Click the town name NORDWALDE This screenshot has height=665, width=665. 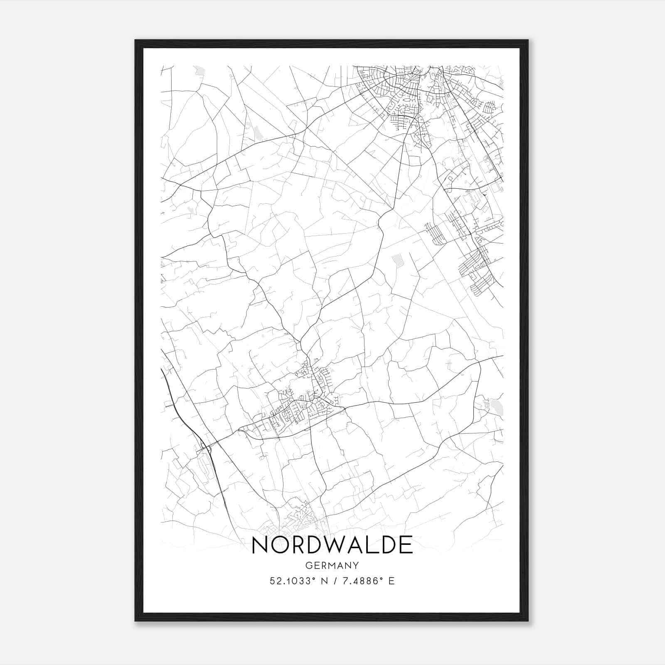click(332, 545)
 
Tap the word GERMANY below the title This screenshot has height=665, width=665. click(332, 565)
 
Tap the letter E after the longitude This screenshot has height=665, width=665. click(391, 581)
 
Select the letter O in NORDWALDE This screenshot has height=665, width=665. click(281, 545)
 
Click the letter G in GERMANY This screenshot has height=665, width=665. click(308, 565)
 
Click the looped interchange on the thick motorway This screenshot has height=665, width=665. click(204, 447)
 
